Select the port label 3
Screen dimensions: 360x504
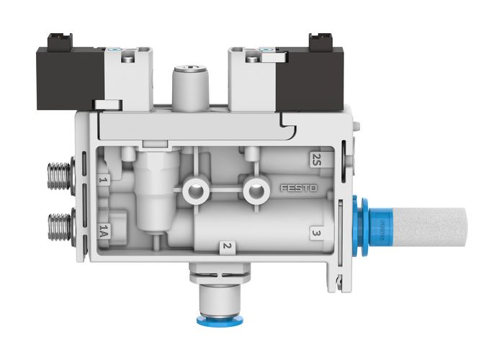click(315, 233)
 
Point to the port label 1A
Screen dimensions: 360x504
click(104, 230)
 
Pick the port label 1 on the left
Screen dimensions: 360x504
click(104, 180)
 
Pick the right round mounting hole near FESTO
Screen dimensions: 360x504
click(253, 191)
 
